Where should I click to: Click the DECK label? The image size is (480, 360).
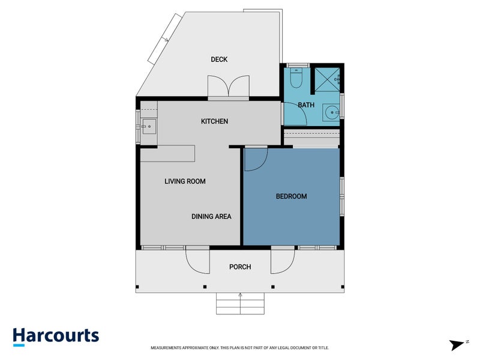coord(219,59)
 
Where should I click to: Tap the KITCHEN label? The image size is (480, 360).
coord(214,122)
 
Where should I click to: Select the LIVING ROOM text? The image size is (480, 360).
coord(185,181)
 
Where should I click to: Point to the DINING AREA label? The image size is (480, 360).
coord(211,217)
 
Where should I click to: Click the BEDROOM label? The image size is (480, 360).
coord(291,196)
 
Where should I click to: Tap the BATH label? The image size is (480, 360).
coord(307,105)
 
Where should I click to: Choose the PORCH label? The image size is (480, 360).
coord(240,267)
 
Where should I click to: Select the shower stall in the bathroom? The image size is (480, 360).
coord(328,79)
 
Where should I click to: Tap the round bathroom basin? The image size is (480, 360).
coord(331,112)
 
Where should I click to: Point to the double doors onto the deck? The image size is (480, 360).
coord(228,86)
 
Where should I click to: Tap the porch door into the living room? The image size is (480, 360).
coord(197,259)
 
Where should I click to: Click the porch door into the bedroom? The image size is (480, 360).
coord(283,259)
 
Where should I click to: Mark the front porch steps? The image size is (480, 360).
coord(240,304)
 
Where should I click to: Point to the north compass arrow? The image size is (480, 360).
coord(458,344)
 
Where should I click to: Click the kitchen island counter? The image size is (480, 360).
coord(168,154)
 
